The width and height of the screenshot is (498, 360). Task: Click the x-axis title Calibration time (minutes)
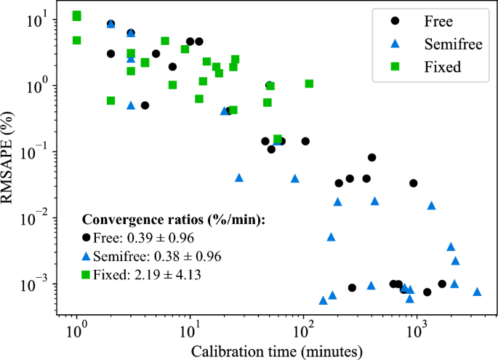pyautogui.click(x=276, y=351)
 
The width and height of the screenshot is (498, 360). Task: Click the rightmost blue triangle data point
pyautogui.click(x=477, y=291)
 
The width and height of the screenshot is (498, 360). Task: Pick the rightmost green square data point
pyautogui.click(x=309, y=84)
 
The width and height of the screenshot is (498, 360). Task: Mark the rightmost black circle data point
pyautogui.click(x=442, y=284)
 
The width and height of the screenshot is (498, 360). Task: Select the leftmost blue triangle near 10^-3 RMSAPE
pyautogui.click(x=323, y=300)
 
